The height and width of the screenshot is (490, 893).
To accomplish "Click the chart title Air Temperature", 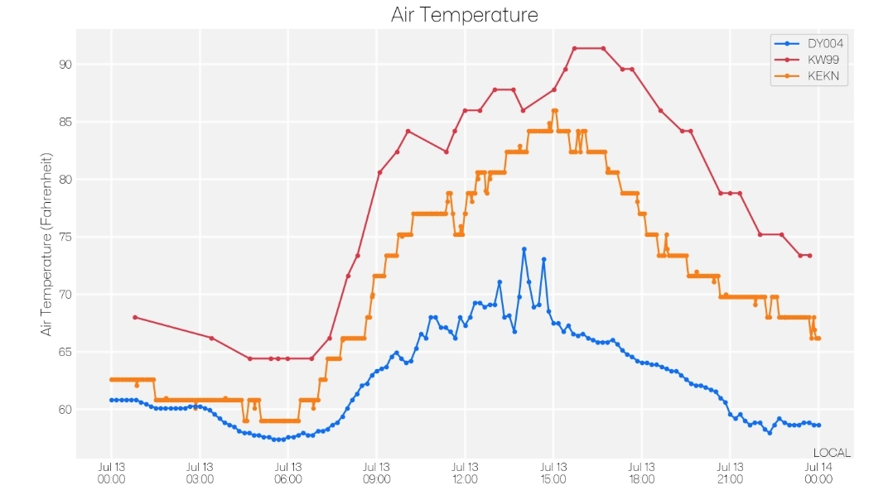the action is click(x=464, y=14).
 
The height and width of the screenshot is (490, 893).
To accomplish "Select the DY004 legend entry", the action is click(x=809, y=43).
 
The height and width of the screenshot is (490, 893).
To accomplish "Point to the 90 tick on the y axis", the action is click(x=65, y=65).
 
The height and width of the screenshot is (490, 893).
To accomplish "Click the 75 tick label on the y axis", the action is click(x=65, y=237).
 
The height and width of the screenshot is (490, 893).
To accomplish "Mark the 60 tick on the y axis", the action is click(x=65, y=409).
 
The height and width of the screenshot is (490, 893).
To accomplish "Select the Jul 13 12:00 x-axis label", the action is click(x=465, y=473).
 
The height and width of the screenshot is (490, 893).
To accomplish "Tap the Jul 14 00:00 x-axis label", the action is click(x=818, y=473).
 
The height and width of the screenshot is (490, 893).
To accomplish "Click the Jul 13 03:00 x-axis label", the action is click(x=200, y=473).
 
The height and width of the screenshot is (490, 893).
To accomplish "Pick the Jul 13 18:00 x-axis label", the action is click(x=642, y=473).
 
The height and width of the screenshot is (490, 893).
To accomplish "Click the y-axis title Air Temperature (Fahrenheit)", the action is click(x=46, y=244).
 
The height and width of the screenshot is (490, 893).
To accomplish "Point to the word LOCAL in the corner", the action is click(x=832, y=453).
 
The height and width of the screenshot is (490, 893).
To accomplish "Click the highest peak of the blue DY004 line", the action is click(x=524, y=249).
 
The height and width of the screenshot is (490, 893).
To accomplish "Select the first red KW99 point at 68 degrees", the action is click(x=135, y=317).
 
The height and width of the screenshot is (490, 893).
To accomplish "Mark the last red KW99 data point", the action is click(x=809, y=256).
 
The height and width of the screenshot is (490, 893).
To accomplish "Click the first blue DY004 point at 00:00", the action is click(x=112, y=400).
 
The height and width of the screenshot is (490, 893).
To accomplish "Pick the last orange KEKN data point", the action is click(x=818, y=338).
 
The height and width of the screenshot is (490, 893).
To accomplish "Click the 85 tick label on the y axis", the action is click(x=65, y=122).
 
